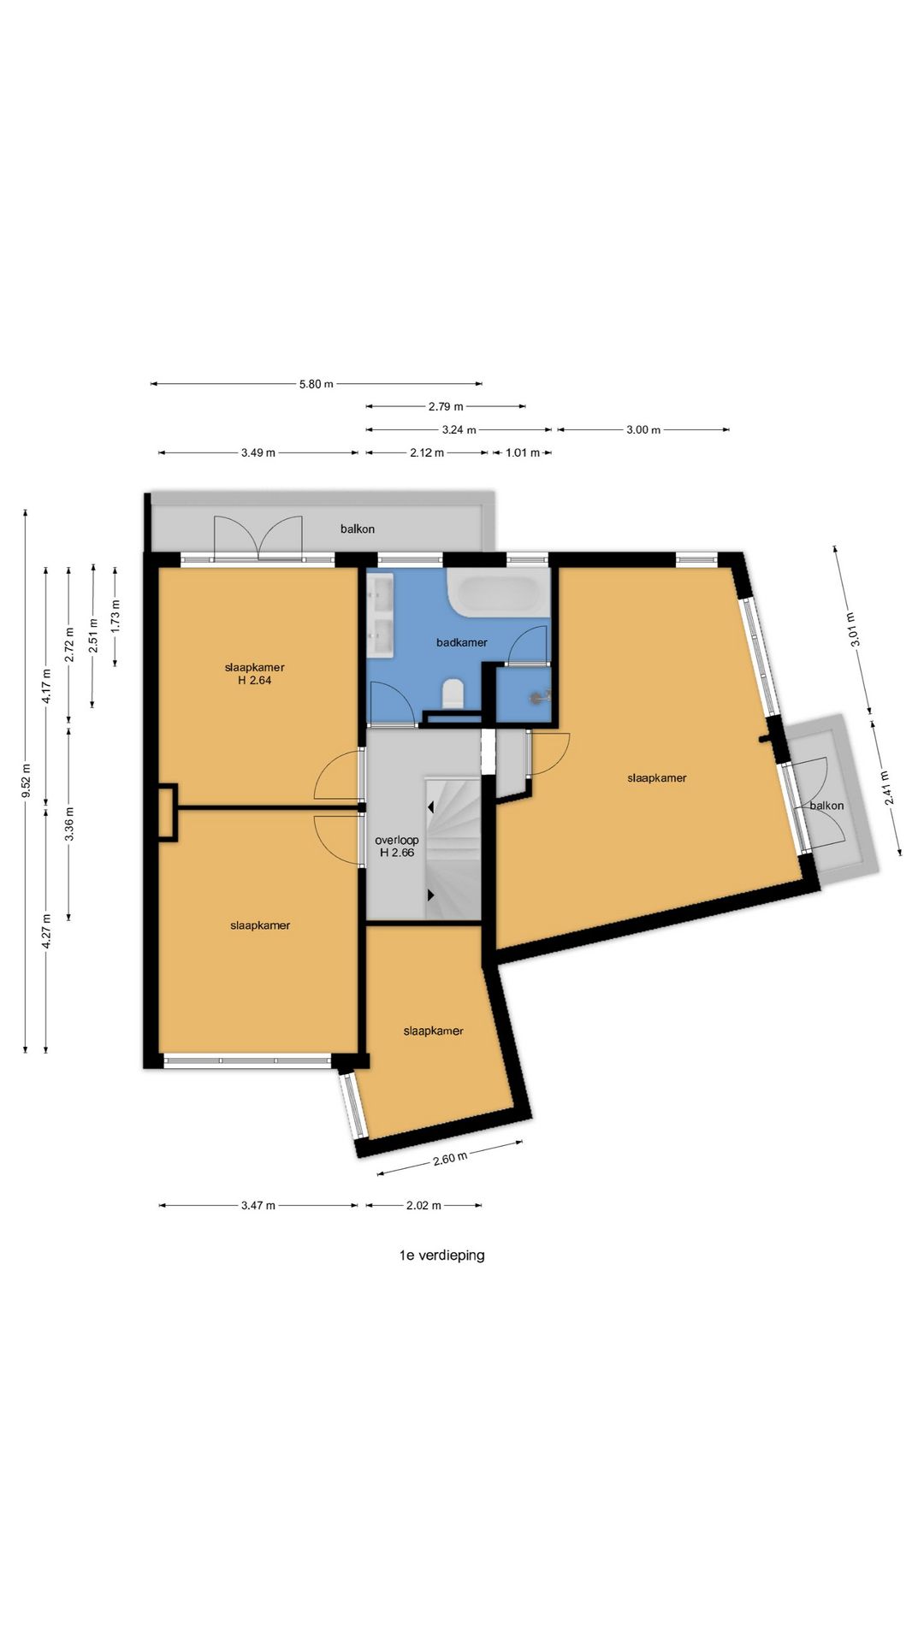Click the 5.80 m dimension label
click(316, 384)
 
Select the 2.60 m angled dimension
click(450, 1159)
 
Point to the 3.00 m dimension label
click(643, 430)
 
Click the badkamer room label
click(462, 642)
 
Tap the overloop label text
click(397, 840)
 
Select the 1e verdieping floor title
click(441, 1255)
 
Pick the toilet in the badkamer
click(453, 694)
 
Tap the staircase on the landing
click(453, 848)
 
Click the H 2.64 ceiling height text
click(255, 681)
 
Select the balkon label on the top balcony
click(358, 529)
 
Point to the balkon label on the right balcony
click(827, 806)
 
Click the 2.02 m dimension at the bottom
click(423, 1206)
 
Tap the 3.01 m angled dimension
click(850, 630)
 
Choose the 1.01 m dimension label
click(522, 453)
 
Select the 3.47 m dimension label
click(258, 1206)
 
